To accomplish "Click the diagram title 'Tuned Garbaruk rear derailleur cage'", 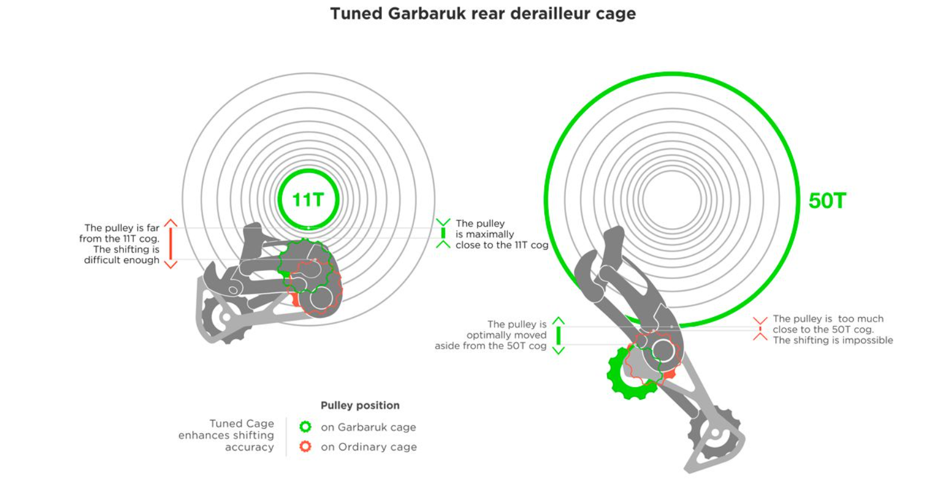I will (483, 13).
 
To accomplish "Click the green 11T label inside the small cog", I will (308, 200).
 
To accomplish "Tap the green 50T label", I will (827, 201).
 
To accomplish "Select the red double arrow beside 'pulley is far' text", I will (171, 244).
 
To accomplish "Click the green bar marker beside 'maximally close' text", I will (443, 233).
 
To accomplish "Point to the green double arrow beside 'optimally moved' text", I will (558, 336).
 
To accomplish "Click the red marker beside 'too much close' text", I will (760, 329).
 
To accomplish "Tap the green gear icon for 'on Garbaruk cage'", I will (305, 427).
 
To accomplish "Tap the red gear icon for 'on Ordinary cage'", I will (305, 446).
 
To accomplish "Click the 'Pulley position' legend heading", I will (360, 405).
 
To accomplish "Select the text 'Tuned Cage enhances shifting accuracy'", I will (226, 435).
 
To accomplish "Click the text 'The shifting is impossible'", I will (833, 340).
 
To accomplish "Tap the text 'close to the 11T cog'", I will (502, 245).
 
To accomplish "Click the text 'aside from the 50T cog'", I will (490, 346).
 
